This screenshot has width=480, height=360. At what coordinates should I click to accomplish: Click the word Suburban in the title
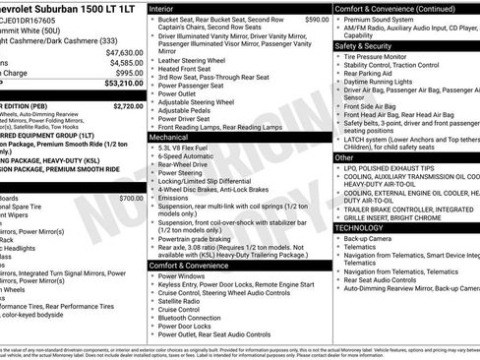coord(63,6)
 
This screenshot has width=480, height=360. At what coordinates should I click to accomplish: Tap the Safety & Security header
coord(362,45)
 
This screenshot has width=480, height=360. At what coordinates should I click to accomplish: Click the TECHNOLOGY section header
coord(361,227)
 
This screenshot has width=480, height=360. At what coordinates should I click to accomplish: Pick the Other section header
coord(343,157)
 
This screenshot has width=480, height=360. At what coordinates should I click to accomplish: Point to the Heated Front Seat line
coord(191,69)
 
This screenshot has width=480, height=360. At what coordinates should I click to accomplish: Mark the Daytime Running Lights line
coord(385,82)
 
